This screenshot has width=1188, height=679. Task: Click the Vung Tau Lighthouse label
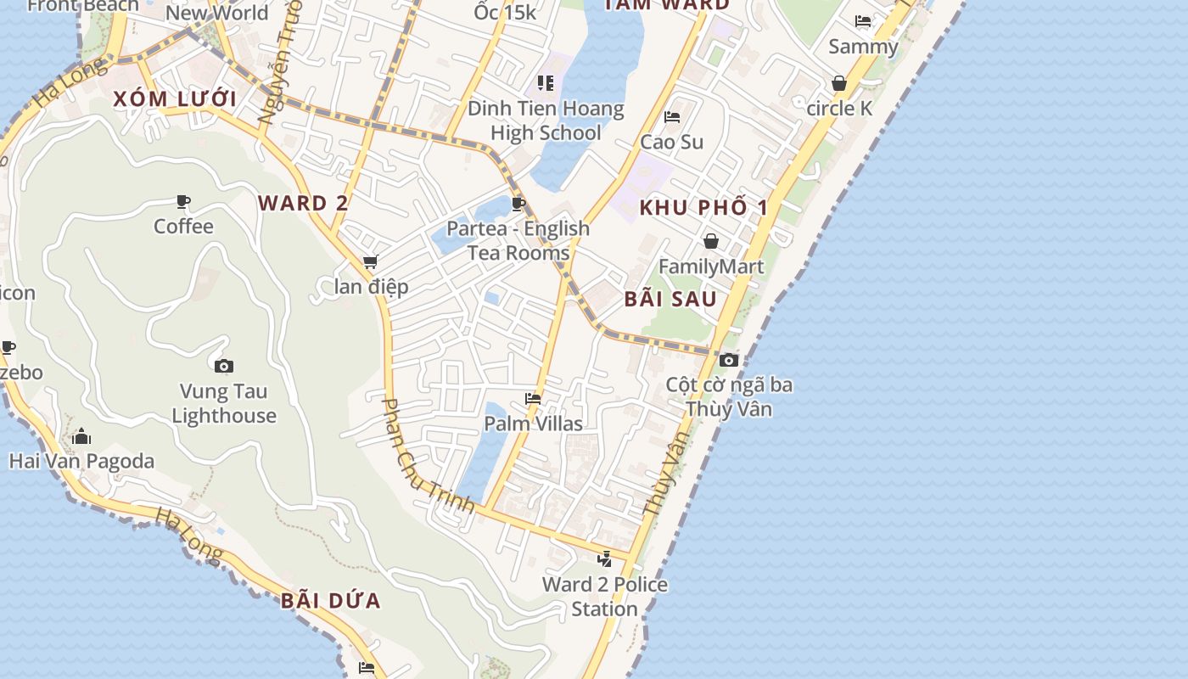pos(224,403)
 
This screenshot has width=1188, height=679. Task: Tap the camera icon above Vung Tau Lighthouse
pos(224,366)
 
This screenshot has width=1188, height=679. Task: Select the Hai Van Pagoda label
pos(81,461)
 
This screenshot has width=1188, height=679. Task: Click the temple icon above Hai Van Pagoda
pos(81,436)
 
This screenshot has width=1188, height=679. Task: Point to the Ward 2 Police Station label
pos(604,596)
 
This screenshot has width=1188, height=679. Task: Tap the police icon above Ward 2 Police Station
pos(604,558)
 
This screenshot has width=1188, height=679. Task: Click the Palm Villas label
pos(533,423)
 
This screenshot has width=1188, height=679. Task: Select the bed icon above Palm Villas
pos(533,398)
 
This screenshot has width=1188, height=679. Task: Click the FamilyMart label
pos(711,267)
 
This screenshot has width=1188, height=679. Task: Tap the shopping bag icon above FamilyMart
pos(711,242)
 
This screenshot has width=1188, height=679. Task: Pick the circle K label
pos(839,108)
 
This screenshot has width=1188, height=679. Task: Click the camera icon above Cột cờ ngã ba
pos(728,360)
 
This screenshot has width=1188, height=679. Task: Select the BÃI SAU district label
pos(670,299)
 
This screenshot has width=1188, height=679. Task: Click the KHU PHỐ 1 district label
pos(703,207)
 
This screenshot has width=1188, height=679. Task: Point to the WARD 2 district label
pos(303,203)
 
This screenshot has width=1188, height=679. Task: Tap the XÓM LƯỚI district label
pos(175,98)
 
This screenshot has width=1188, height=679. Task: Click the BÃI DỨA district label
pos(331,601)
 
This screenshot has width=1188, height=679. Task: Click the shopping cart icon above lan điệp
pos(370,262)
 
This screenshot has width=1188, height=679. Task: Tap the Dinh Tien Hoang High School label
pos(546,121)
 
